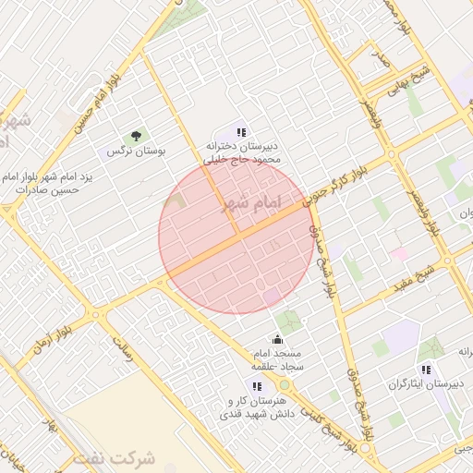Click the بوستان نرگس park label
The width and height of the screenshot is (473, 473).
pyautogui.click(x=136, y=151)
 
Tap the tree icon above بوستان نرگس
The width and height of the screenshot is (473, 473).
pyautogui.click(x=137, y=137)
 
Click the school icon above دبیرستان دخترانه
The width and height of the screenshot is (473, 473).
pyautogui.click(x=242, y=132)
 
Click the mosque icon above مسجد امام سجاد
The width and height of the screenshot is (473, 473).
pyautogui.click(x=277, y=340)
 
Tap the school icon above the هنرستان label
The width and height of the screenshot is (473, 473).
pyautogui.click(x=257, y=386)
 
